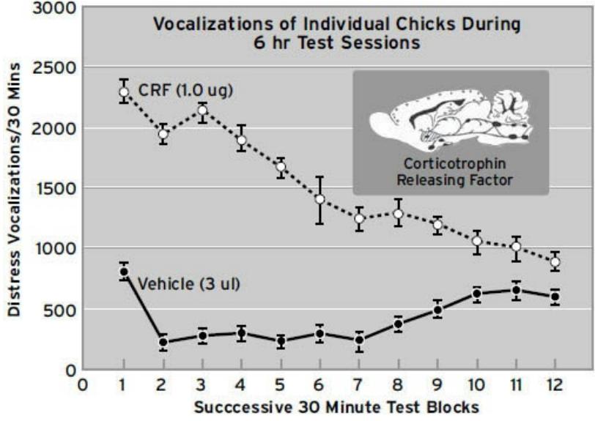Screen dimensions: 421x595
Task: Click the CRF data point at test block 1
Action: point(124,92)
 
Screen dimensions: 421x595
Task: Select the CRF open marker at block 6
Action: point(319,199)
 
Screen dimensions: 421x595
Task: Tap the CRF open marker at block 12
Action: point(555,261)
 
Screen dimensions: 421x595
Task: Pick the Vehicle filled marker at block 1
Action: point(124,272)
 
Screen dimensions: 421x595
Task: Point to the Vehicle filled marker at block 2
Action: point(163,342)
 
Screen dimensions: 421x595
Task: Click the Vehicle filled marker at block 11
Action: point(516,291)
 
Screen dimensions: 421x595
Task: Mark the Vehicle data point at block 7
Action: point(359,340)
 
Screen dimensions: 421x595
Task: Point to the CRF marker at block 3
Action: point(202,111)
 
